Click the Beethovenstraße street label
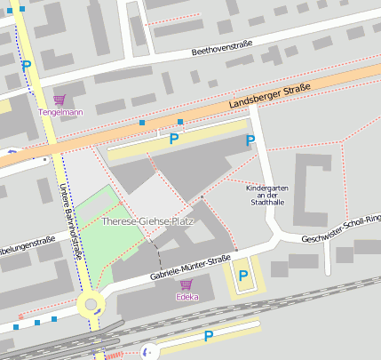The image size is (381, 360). [223, 48]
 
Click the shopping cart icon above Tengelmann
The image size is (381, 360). [59, 100]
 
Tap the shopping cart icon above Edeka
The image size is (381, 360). [187, 284]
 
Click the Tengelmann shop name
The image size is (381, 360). [60, 113]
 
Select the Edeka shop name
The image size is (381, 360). [187, 296]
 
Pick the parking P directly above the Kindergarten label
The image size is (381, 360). [250, 140]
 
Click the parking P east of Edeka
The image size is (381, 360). [242, 276]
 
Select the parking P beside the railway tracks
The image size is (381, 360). [209, 336]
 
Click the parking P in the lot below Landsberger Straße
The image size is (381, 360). [174, 138]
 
